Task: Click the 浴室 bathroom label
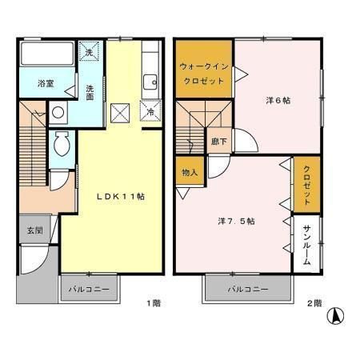tap(46, 83)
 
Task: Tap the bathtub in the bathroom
tap(47, 54)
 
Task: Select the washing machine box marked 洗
tap(89, 51)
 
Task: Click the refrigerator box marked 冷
tap(151, 110)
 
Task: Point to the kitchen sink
tap(150, 82)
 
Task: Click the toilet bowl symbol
tap(62, 143)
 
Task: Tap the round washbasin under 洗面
tap(58, 112)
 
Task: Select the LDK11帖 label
tap(121, 197)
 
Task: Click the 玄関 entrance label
tap(35, 230)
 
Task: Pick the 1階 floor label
tap(154, 303)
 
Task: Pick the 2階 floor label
tap(314, 303)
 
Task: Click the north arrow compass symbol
tap(335, 316)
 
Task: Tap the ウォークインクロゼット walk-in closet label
tap(204, 74)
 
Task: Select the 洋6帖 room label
tap(278, 101)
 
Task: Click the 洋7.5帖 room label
tap(236, 221)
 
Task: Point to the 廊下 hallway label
tap(219, 142)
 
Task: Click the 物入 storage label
tap(190, 173)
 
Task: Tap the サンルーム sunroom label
tap(307, 245)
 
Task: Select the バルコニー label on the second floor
tap(248, 289)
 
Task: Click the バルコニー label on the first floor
tap(89, 289)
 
